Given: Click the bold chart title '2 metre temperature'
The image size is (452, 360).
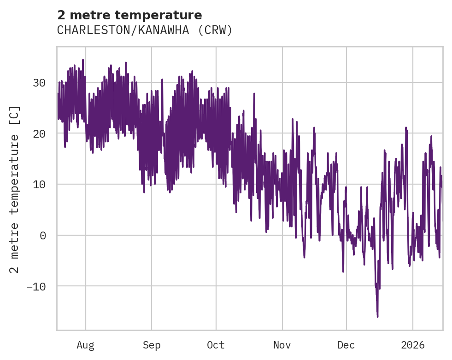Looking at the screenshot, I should [129, 15].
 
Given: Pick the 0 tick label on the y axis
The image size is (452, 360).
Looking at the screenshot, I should [43, 235].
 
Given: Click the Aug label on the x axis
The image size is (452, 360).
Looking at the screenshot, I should [85, 345].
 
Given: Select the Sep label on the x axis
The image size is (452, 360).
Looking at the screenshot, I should [151, 345].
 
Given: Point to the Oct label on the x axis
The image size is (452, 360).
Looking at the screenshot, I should [216, 345].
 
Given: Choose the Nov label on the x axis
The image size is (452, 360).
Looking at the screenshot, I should [282, 345].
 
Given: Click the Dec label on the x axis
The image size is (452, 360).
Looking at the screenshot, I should [346, 345].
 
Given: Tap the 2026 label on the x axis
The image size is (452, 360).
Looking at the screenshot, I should [413, 345].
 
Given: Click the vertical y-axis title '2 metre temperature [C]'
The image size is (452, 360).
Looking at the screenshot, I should [15, 189].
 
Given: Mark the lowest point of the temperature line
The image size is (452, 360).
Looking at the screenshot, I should [377, 317].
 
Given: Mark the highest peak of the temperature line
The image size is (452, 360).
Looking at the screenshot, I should [83, 59].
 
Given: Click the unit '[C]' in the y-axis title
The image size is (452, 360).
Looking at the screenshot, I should [15, 116].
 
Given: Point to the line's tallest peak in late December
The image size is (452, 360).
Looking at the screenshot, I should [406, 128].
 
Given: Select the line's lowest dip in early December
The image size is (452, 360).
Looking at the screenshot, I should [343, 272].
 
